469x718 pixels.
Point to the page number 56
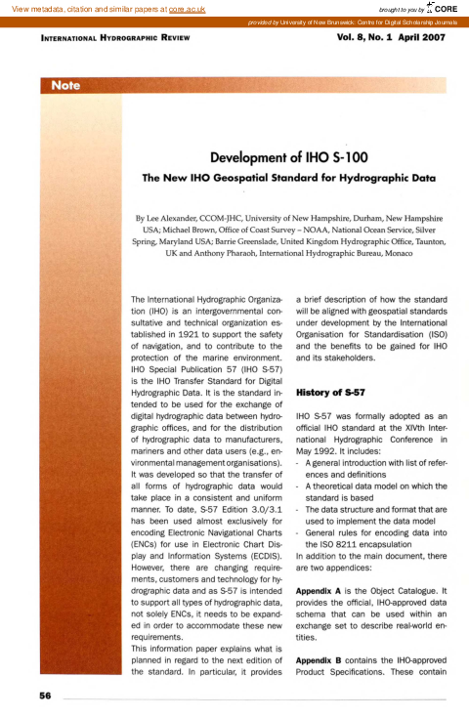[45, 697]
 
